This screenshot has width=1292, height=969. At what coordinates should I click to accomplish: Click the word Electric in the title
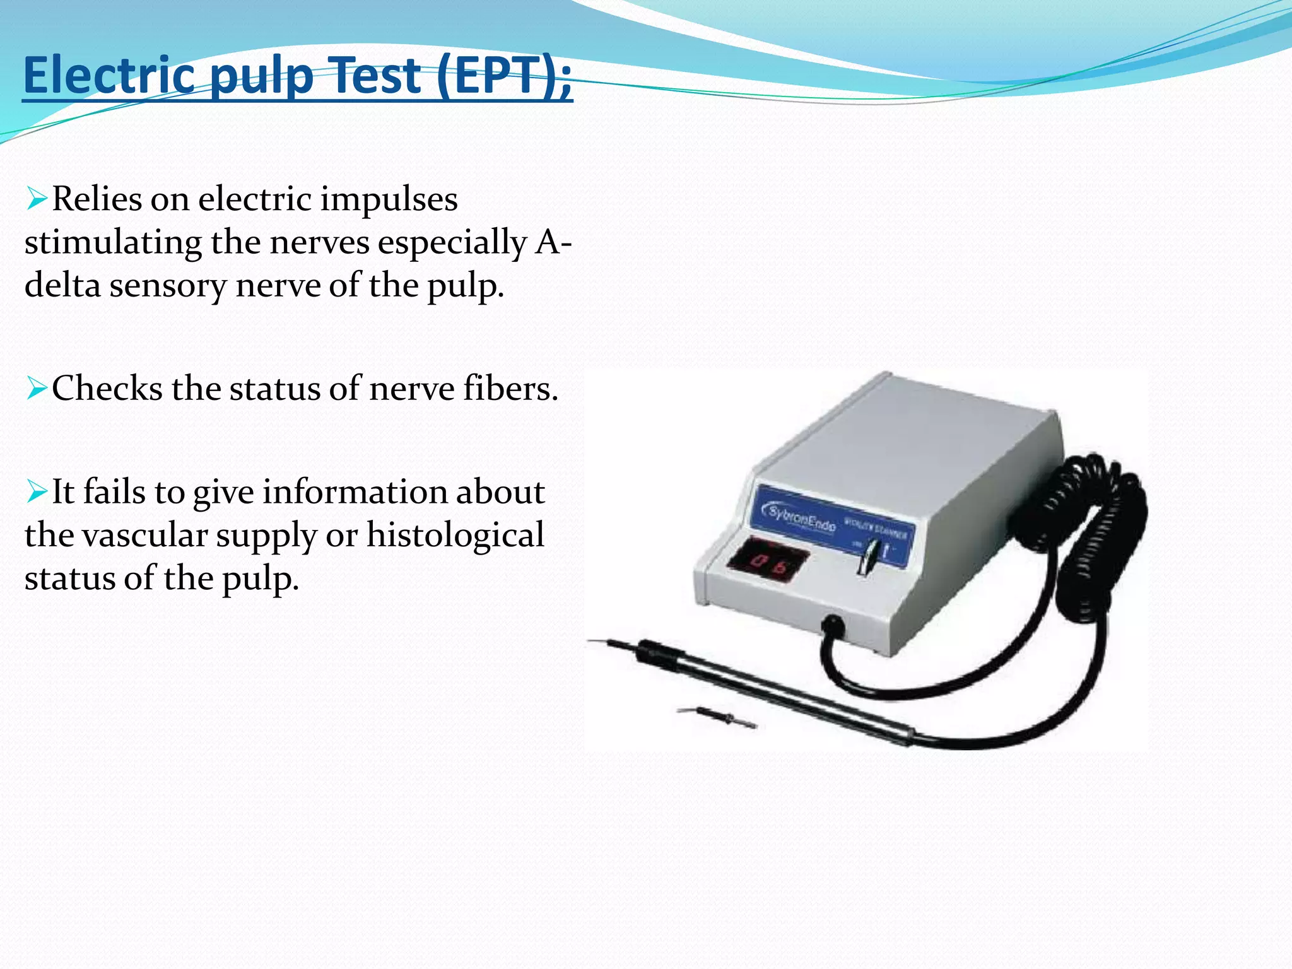click(x=109, y=76)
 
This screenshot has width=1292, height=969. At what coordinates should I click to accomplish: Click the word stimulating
click(x=113, y=243)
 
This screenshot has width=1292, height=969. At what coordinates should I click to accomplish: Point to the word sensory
click(x=167, y=286)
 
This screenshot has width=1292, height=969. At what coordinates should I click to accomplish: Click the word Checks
click(x=107, y=388)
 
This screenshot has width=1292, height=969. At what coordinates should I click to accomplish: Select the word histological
click(x=455, y=536)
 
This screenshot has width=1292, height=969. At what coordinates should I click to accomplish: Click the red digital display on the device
click(x=768, y=560)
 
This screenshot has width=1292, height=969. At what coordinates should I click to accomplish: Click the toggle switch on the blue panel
click(x=866, y=555)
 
